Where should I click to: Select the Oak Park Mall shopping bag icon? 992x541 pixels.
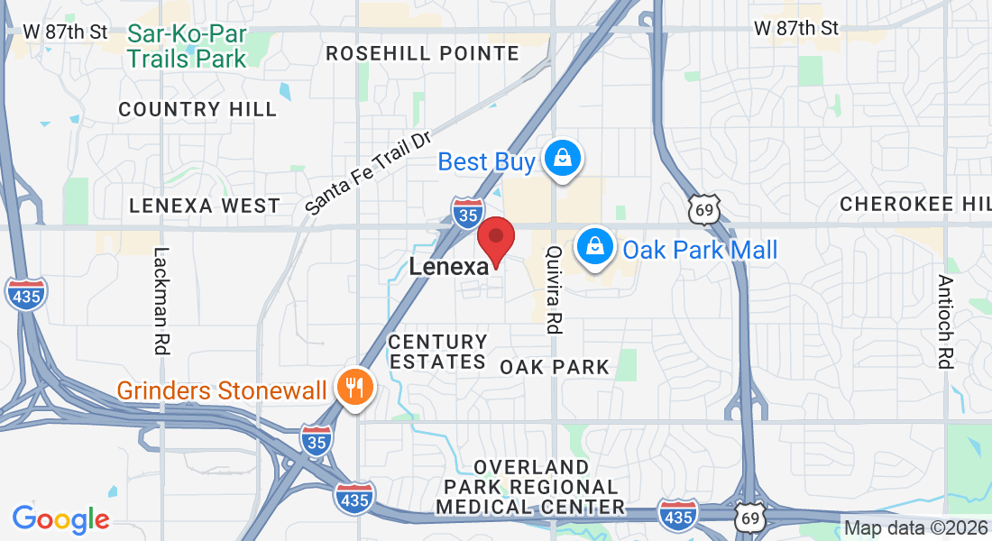click(x=595, y=245)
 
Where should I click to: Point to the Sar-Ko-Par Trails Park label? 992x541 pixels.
click(x=187, y=47)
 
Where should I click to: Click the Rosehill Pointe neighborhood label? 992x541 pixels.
click(x=422, y=54)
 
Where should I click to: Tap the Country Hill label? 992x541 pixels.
click(x=197, y=110)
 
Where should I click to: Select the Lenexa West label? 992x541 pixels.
click(x=205, y=206)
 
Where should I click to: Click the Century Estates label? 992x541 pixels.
click(x=437, y=352)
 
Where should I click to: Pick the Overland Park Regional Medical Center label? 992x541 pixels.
click(x=530, y=487)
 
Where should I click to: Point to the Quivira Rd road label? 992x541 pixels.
click(x=555, y=290)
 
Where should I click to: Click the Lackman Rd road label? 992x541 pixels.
click(x=162, y=301)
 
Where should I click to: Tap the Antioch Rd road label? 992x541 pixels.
click(x=944, y=321)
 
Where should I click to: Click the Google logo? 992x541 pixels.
click(x=60, y=519)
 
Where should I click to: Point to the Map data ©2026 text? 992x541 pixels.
click(x=916, y=528)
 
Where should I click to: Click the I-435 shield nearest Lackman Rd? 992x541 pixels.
click(x=25, y=294)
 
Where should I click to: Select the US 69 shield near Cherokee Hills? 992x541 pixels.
click(x=701, y=208)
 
